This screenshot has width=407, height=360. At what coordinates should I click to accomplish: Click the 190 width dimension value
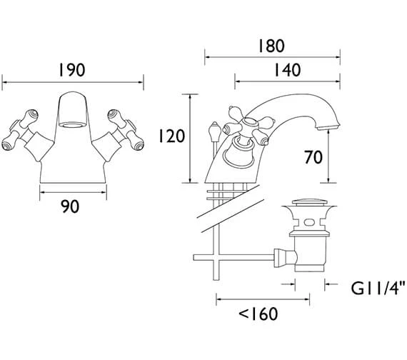(x=72, y=70)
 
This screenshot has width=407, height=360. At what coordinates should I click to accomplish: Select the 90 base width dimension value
(x=70, y=206)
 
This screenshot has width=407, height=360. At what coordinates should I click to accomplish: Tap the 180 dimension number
(x=271, y=46)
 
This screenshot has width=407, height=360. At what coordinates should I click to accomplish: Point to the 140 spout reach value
(x=288, y=70)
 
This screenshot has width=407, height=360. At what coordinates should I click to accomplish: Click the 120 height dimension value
(x=171, y=136)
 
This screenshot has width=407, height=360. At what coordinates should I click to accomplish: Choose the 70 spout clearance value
(x=313, y=157)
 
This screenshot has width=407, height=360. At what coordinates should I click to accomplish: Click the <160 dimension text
(x=258, y=314)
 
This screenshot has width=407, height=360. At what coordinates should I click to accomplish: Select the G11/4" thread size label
(x=378, y=288)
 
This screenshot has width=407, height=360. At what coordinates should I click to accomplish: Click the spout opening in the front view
(x=72, y=126)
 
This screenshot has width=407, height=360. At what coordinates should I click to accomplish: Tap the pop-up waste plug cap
(x=309, y=202)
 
